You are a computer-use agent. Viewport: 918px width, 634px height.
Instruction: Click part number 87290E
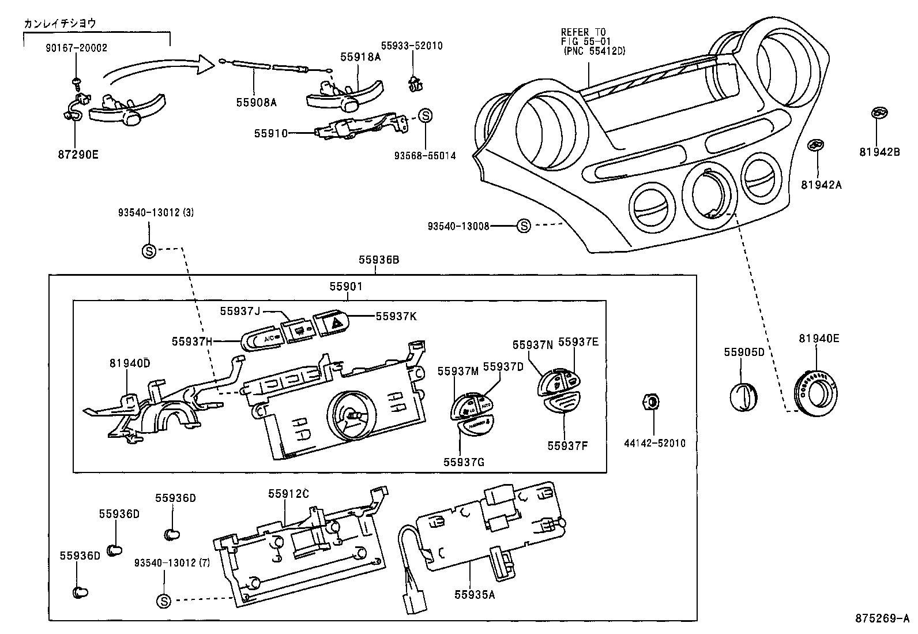pyautogui.click(x=79, y=155)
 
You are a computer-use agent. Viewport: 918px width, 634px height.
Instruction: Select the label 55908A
pyautogui.click(x=256, y=103)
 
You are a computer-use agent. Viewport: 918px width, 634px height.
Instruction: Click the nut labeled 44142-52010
pyautogui.click(x=650, y=402)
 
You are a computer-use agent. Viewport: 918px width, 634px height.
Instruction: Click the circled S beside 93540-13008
pyautogui.click(x=523, y=226)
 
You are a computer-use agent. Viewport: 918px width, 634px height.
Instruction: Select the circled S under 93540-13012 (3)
pyautogui.click(x=149, y=251)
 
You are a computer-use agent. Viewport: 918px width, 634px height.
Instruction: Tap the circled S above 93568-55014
pyautogui.click(x=424, y=115)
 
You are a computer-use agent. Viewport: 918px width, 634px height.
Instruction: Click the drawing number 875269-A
pyautogui.click(x=882, y=618)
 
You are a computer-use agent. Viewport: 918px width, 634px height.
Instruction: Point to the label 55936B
pyautogui.click(x=379, y=260)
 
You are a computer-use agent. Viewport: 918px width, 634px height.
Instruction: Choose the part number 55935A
pyautogui.click(x=474, y=594)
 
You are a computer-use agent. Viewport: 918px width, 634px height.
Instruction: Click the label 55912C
pyautogui.click(x=288, y=494)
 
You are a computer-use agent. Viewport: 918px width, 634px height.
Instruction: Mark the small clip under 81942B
pyautogui.click(x=879, y=114)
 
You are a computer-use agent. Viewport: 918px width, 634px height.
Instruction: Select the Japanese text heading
pyautogui.click(x=59, y=24)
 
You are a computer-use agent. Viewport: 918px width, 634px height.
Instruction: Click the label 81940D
pyautogui.click(x=129, y=363)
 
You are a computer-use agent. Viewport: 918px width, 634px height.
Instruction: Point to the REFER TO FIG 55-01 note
pyautogui.click(x=593, y=42)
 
